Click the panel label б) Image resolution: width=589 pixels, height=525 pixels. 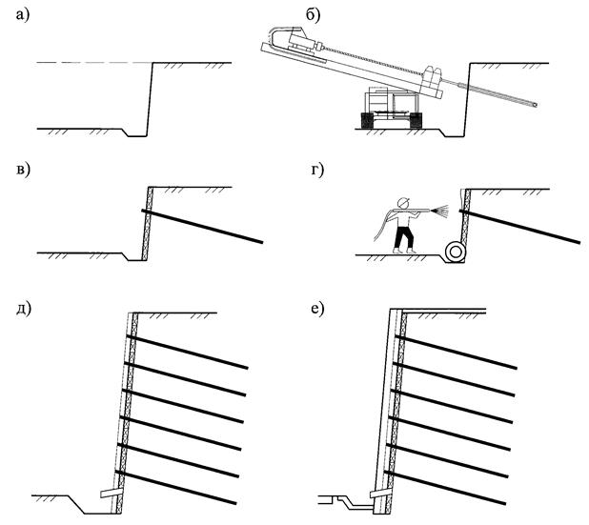click(x=311, y=13)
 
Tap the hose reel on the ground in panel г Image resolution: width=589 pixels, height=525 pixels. click(x=456, y=250)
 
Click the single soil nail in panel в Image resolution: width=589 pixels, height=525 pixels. click(x=204, y=227)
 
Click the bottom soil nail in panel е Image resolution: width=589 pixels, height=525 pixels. click(x=448, y=487)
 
